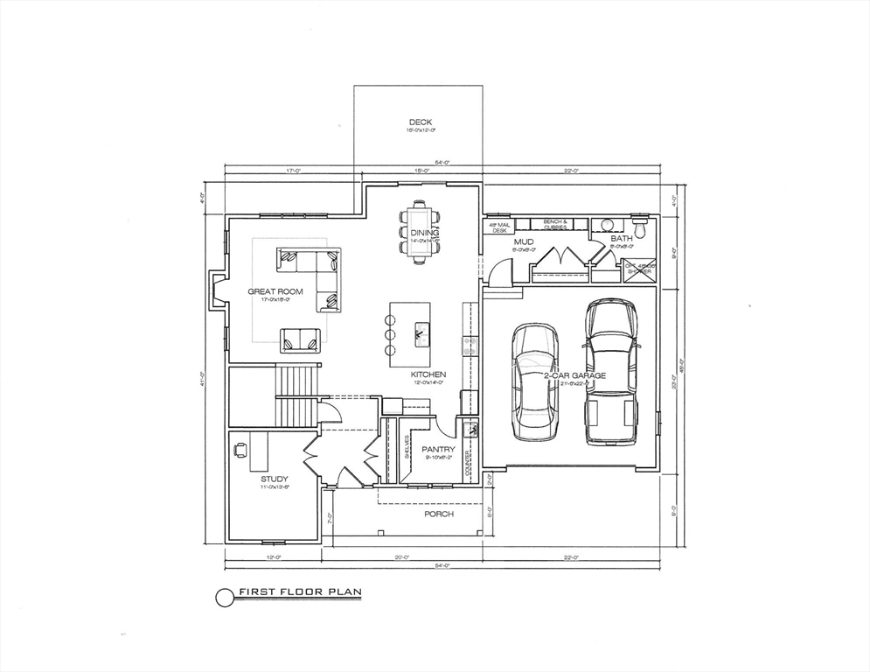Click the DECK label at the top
[420, 122]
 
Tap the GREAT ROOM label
[275, 291]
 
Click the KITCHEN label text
[428, 374]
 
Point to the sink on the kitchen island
[421, 332]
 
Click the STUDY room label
[274, 479]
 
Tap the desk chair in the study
[240, 450]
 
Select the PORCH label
[439, 514]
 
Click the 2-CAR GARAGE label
[574, 375]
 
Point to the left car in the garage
[534, 381]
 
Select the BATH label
[621, 238]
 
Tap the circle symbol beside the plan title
[225, 597]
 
